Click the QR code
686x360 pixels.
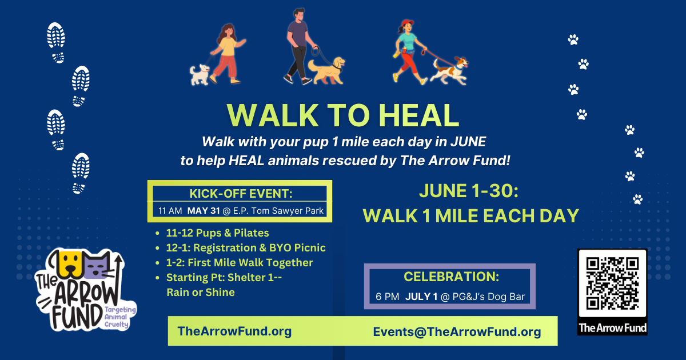[x=612, y=283]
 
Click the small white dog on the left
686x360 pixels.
[x=200, y=74]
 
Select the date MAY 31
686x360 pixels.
[x=204, y=211]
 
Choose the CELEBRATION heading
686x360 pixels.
[x=451, y=277]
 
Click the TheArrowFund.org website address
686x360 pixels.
[x=234, y=331]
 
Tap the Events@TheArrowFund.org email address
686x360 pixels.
[x=457, y=332]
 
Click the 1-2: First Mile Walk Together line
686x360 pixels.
[x=240, y=263]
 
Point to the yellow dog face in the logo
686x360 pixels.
[x=69, y=264]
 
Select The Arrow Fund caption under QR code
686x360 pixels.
[x=612, y=328]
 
